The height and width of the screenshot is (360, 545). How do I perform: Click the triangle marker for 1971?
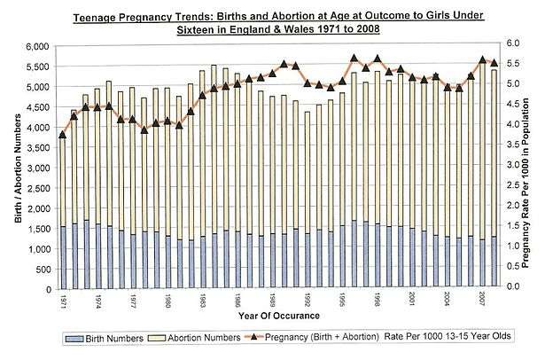[63, 135]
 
